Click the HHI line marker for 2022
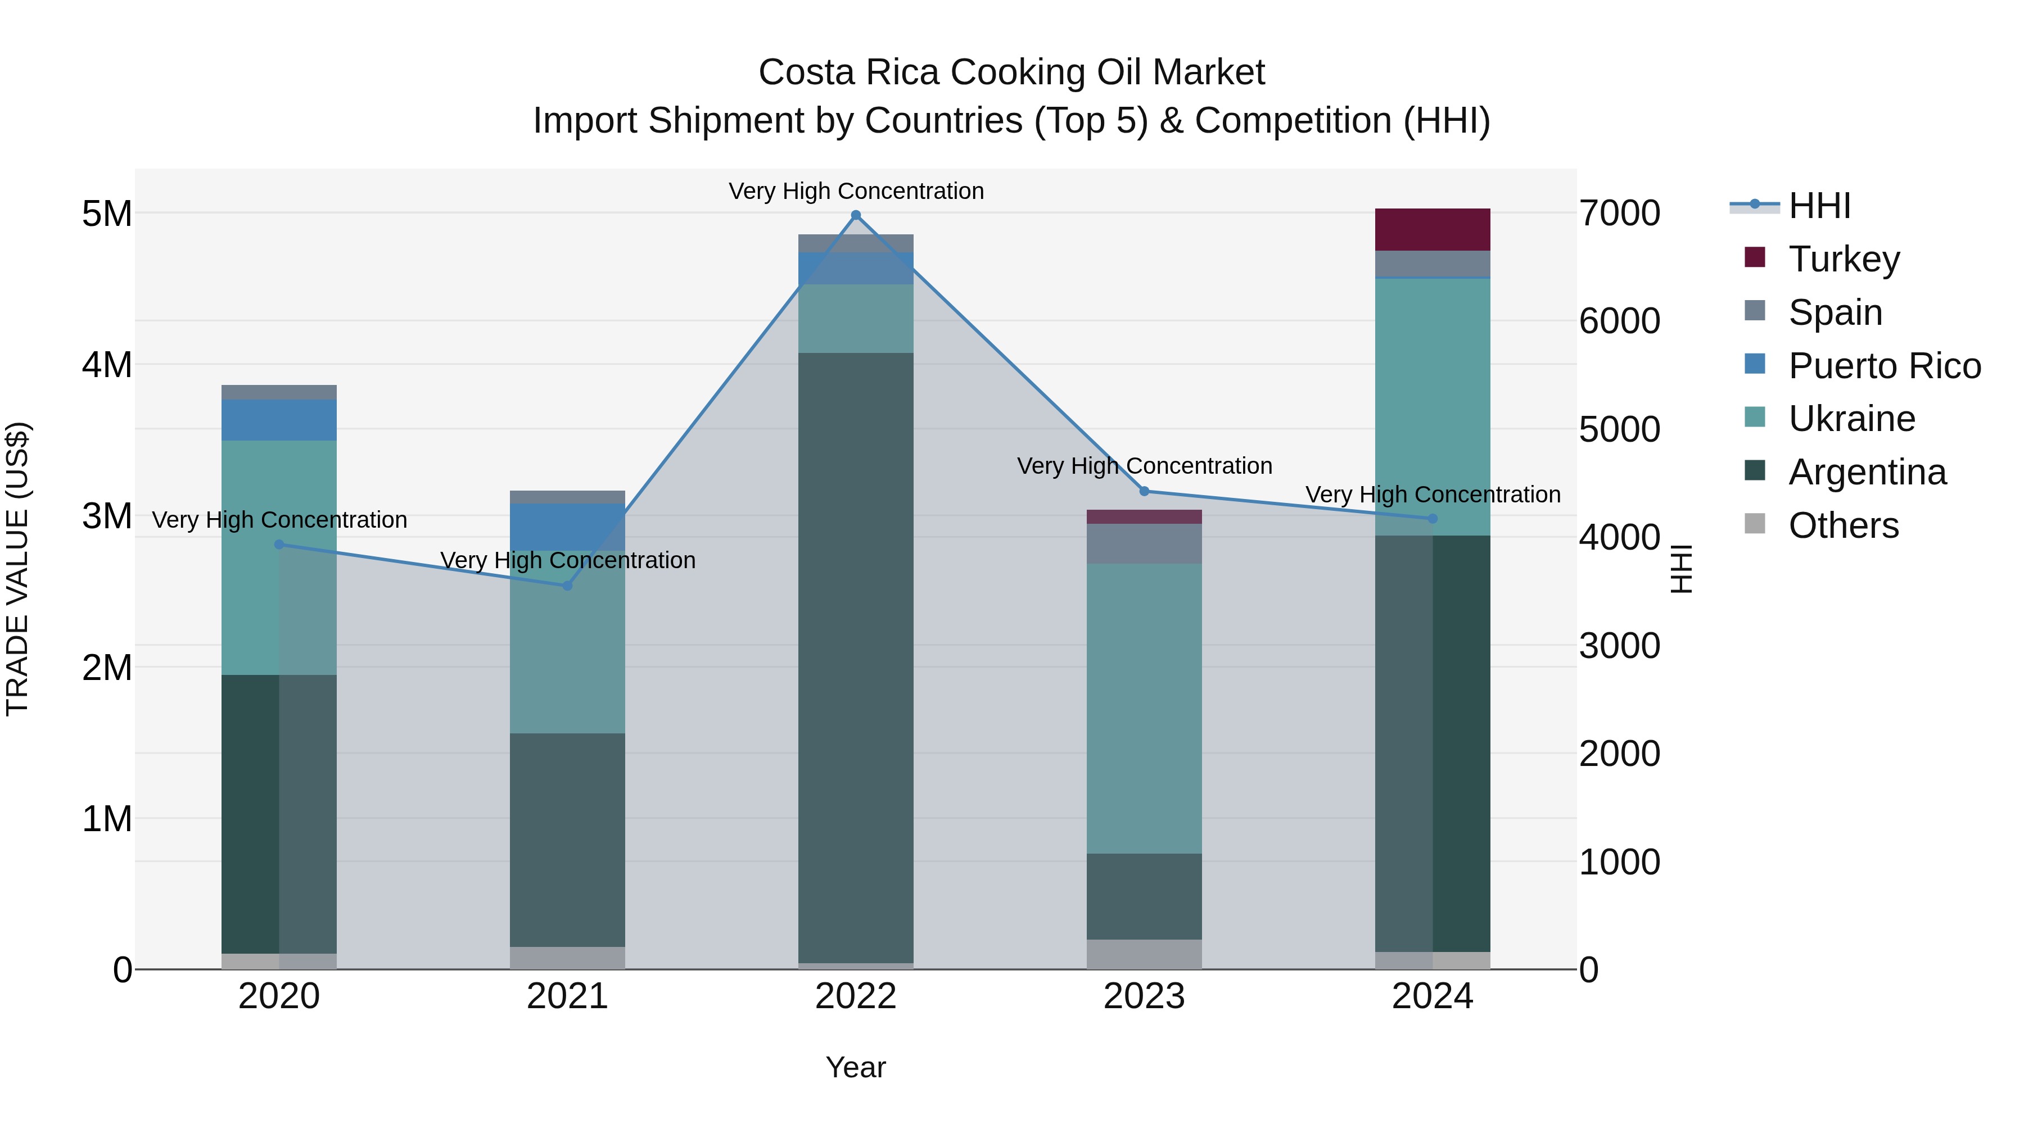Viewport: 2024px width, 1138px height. coord(856,215)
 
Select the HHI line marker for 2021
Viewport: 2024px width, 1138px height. coord(567,585)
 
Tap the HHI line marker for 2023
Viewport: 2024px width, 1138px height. coord(1144,491)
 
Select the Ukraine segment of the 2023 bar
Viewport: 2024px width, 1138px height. coord(1144,707)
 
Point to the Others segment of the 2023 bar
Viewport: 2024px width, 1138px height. coord(1144,954)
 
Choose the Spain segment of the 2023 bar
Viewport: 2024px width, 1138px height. coord(1144,543)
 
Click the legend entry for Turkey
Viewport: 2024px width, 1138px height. coord(1844,259)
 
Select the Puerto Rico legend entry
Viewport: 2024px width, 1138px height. coord(1884,365)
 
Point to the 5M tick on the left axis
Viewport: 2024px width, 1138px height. coord(107,214)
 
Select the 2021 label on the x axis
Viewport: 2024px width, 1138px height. coord(567,996)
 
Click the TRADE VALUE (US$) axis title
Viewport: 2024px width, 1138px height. coord(17,569)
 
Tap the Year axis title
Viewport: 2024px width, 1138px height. coord(856,1067)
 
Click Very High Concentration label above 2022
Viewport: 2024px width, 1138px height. coord(856,191)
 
